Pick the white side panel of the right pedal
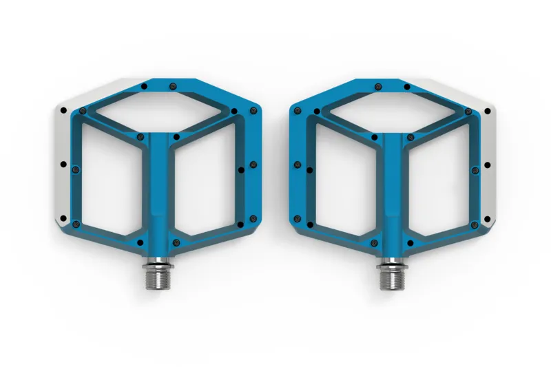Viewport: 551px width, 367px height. click(x=487, y=165)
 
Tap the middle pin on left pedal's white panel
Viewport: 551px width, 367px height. click(x=63, y=165)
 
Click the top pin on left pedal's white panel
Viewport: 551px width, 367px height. click(x=63, y=110)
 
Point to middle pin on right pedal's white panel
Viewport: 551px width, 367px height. click(x=487, y=165)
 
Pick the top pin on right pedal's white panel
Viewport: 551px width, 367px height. click(x=486, y=110)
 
